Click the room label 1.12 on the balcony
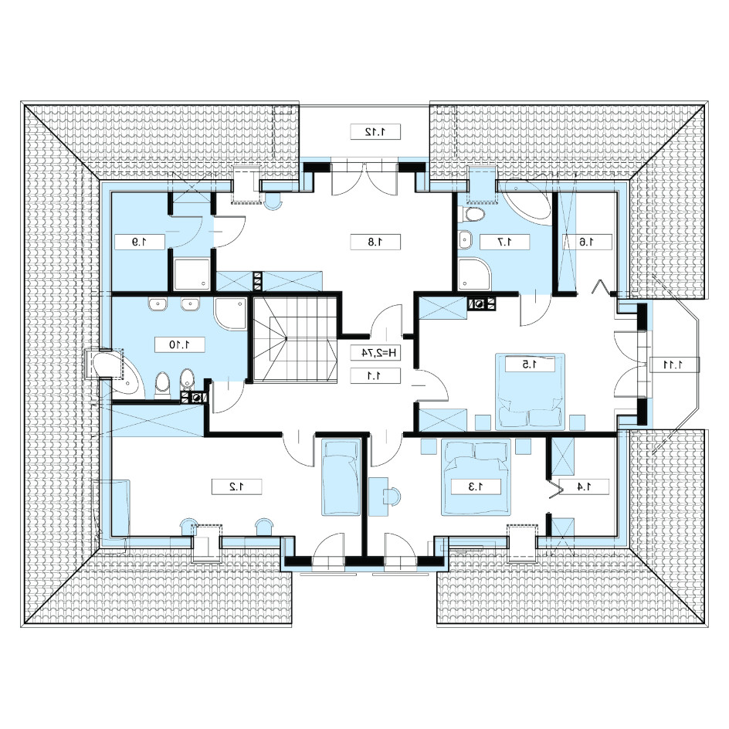[375, 132]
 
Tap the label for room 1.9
[140, 242]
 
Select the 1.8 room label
[375, 242]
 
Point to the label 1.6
[587, 242]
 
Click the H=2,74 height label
[375, 353]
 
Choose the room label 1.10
[179, 345]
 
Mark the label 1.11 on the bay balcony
[674, 365]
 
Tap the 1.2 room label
[236, 487]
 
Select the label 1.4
[584, 487]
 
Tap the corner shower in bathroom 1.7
[473, 275]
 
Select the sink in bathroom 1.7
[465, 240]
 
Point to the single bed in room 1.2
[341, 478]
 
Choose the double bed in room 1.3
[476, 477]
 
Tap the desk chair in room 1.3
[392, 496]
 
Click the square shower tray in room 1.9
[192, 274]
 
